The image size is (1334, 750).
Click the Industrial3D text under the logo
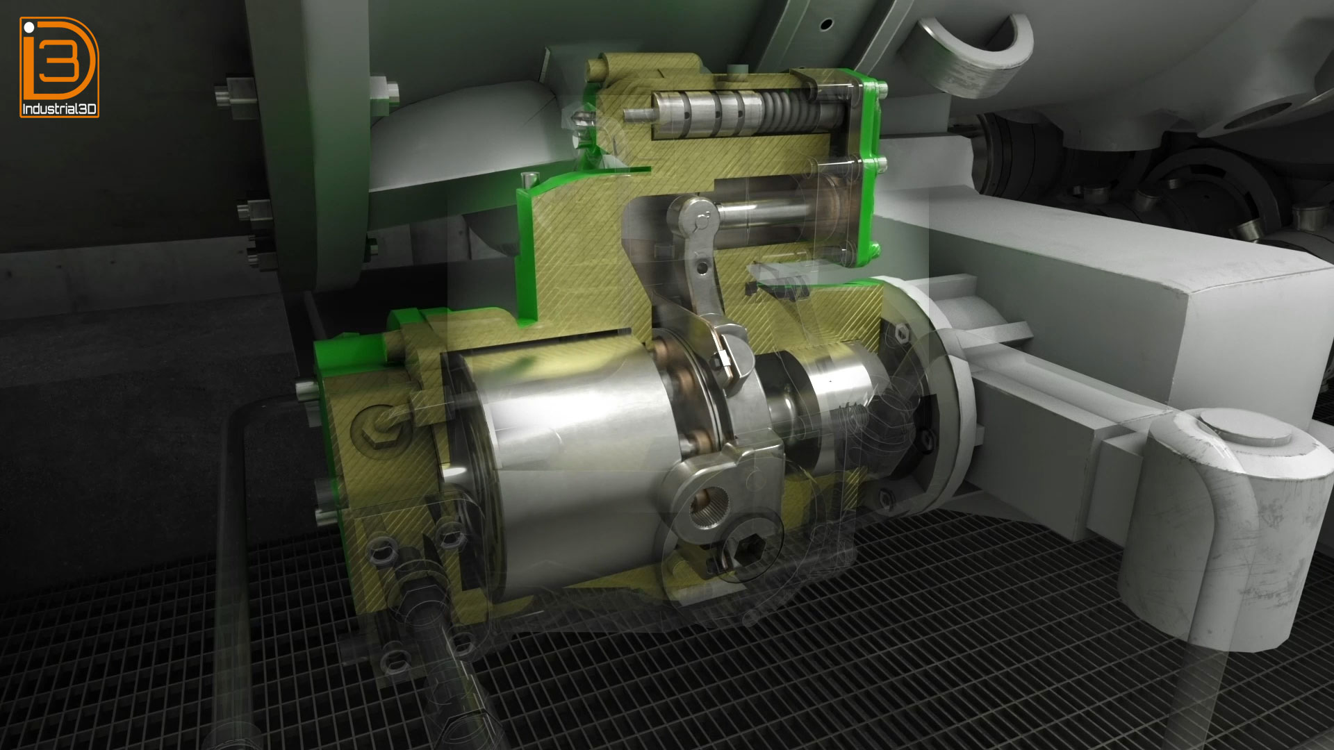pos(60,109)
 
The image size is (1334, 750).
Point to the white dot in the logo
pos(28,28)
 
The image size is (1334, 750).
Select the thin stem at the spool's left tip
pos(637,113)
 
